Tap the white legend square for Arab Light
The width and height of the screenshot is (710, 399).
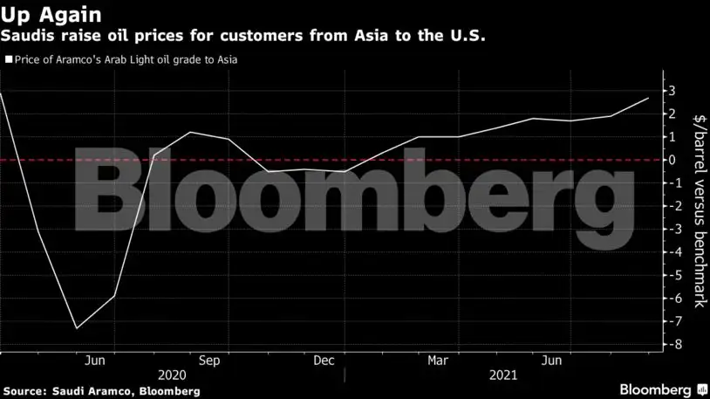9,60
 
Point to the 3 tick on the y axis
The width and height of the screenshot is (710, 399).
672,91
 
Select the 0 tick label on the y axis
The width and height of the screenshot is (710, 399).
672,160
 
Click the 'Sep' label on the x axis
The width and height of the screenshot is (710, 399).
209,360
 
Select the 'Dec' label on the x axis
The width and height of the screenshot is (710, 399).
324,360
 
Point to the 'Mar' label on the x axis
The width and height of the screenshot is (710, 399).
438,360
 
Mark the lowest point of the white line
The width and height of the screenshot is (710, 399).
77,328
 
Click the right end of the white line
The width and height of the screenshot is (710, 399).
648,99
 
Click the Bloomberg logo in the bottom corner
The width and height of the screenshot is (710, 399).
662,389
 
